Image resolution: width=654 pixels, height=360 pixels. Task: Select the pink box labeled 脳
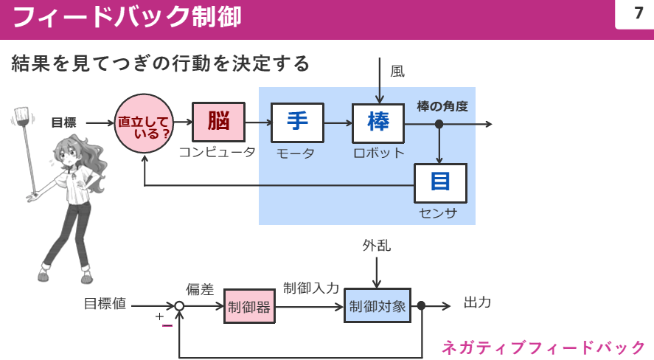click(218, 122)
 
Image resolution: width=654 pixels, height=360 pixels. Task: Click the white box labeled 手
click(297, 122)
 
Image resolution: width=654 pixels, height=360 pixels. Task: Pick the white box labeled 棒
click(378, 122)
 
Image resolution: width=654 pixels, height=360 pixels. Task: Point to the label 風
click(397, 71)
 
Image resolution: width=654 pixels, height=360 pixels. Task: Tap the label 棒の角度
click(442, 106)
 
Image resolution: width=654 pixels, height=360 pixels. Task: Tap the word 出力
click(477, 302)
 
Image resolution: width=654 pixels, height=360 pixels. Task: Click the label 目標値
click(105, 303)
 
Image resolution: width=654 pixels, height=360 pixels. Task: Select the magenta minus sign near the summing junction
click(167, 325)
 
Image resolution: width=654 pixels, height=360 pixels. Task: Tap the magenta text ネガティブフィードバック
click(543, 347)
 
